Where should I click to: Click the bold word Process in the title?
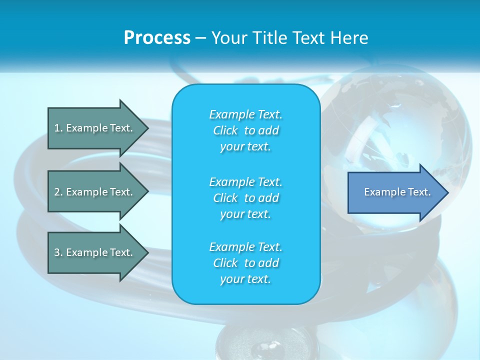point(157,38)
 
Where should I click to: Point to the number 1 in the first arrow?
point(57,128)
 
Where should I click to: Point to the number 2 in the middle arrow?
point(57,192)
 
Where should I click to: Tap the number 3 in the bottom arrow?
point(57,252)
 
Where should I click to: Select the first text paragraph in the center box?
point(245,130)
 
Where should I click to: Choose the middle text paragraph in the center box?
point(245,197)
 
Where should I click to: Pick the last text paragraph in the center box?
point(245,263)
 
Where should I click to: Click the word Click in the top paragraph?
point(225,130)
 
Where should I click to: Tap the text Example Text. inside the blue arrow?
point(397,192)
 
